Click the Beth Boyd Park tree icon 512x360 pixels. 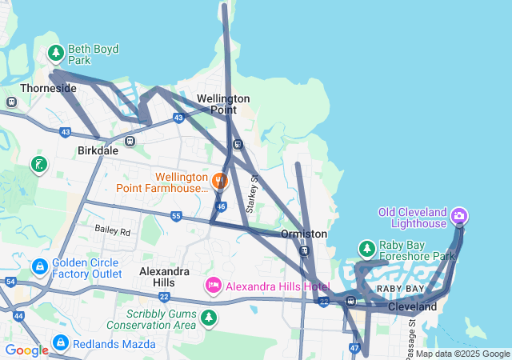[x=55, y=54]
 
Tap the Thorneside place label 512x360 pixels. [x=49, y=88]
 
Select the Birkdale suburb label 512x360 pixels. [x=98, y=150]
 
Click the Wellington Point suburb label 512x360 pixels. [x=223, y=103]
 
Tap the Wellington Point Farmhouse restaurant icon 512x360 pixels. [x=221, y=181]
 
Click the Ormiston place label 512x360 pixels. [x=304, y=234]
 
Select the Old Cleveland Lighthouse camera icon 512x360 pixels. [x=459, y=216]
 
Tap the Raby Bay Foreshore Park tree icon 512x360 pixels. [x=367, y=250]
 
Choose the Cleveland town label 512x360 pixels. [x=413, y=306]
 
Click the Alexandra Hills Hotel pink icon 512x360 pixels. [x=214, y=286]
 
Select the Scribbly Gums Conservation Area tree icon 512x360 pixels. [x=209, y=318]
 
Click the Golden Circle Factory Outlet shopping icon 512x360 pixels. [x=39, y=265]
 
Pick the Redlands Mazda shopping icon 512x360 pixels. [x=60, y=343]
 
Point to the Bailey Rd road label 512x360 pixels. [x=112, y=230]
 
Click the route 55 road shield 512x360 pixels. [x=176, y=216]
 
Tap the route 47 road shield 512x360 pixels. [x=354, y=348]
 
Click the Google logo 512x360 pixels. [x=26, y=350]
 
